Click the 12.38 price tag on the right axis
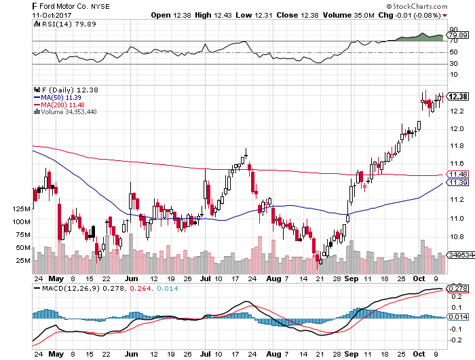point(458,96)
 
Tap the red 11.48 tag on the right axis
point(456,175)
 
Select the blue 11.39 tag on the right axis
point(456,183)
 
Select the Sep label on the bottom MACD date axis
point(350,354)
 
